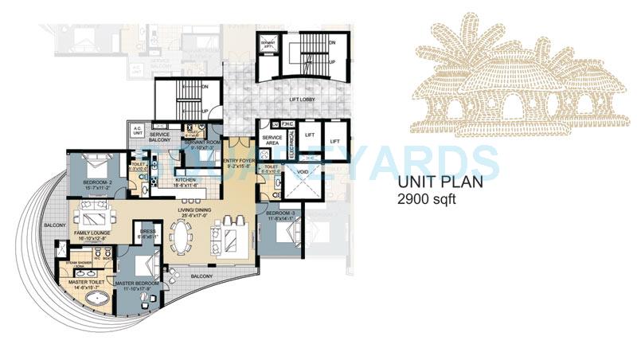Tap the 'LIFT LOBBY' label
[x=295, y=99]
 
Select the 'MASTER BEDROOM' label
[x=136, y=284]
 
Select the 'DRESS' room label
[x=147, y=232]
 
